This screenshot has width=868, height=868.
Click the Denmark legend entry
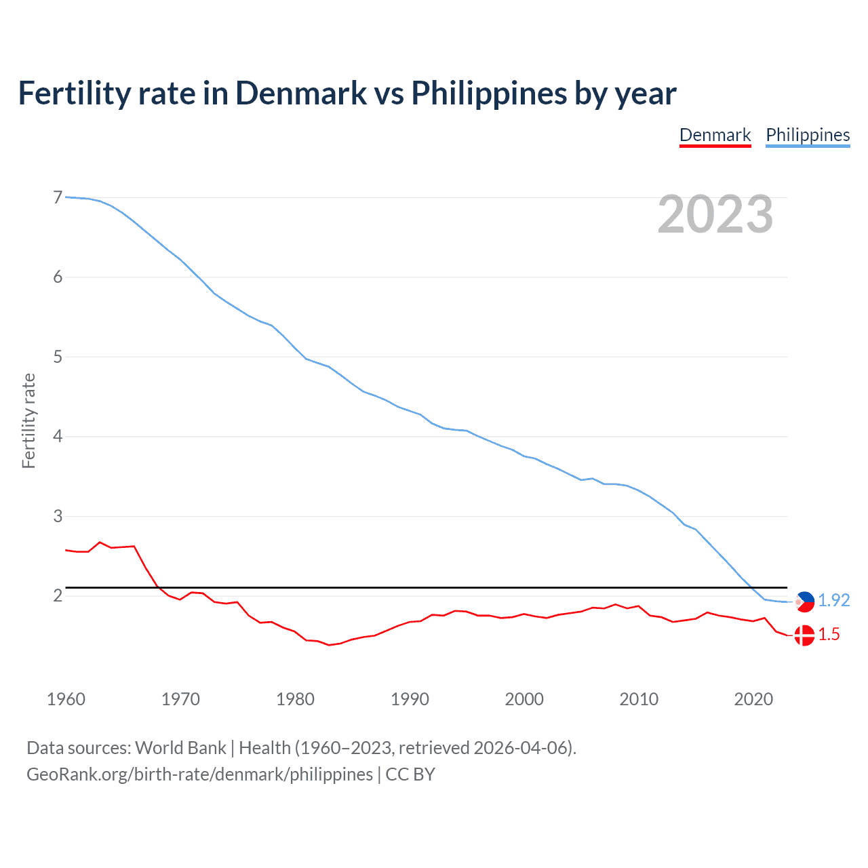[x=715, y=135]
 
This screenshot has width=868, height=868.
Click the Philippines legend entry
[x=808, y=135]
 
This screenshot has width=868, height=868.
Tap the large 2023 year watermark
[x=715, y=214]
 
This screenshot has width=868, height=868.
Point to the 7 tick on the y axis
[x=58, y=197]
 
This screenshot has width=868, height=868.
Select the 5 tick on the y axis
[x=58, y=357]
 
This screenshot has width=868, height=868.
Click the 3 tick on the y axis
[x=58, y=516]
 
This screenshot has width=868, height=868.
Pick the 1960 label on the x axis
[x=66, y=699]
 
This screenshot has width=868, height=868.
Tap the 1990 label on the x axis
[x=410, y=699]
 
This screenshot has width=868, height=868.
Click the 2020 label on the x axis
[x=753, y=699]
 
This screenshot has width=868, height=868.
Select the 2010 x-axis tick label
[x=639, y=699]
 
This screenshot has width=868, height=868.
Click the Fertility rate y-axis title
[x=28, y=420]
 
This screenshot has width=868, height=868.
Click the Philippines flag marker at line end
[x=804, y=601]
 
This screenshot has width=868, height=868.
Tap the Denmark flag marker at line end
[x=804, y=635]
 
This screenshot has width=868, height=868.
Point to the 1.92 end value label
[x=833, y=600]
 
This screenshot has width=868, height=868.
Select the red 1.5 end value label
[x=829, y=634]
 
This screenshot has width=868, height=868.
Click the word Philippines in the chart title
[x=489, y=93]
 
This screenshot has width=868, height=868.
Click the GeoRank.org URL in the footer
[x=199, y=774]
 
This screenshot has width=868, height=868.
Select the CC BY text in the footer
[x=410, y=774]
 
